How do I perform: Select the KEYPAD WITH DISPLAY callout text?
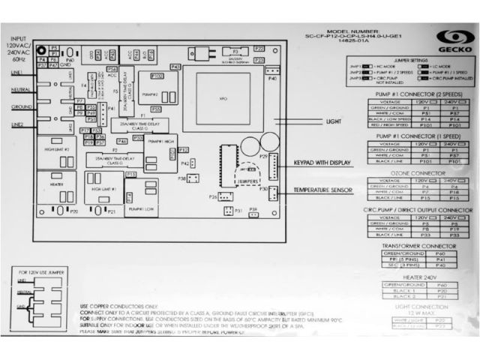325,161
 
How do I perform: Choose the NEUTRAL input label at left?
20,89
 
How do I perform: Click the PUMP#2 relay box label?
149,95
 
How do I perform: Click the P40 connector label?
271,79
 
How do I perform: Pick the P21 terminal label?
111,211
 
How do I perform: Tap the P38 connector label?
181,178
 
